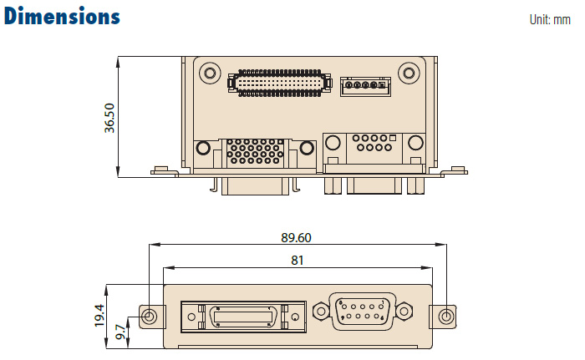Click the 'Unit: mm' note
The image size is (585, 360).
550,19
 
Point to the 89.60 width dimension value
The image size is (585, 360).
296,237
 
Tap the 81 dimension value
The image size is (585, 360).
297,260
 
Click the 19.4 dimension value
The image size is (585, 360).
99,316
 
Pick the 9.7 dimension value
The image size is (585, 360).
120,332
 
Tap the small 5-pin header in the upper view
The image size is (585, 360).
364,85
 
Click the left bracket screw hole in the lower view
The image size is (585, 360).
150,317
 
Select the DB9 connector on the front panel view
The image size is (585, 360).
362,312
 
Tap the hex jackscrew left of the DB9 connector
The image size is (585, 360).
320,312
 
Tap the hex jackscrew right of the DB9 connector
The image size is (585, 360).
404,312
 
